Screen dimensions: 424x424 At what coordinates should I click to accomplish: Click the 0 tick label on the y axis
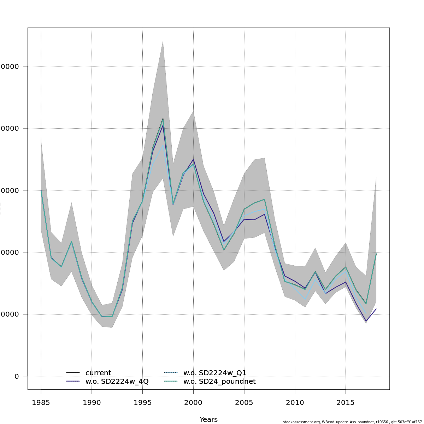click(17, 376)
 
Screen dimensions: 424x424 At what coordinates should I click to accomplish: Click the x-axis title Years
click(208, 419)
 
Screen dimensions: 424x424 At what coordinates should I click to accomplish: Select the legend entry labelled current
click(98, 373)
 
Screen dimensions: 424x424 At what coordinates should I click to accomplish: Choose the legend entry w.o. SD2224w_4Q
click(117, 382)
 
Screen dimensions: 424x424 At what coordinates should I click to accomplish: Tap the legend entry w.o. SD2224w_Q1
click(214, 373)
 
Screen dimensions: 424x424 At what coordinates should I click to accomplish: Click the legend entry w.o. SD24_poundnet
click(219, 382)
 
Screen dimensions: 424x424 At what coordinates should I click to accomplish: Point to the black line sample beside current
click(73, 373)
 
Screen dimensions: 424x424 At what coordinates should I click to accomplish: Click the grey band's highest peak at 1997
click(163, 41)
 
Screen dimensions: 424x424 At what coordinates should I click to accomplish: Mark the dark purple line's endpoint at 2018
click(376, 309)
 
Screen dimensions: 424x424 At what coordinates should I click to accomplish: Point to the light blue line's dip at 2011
click(305, 300)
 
